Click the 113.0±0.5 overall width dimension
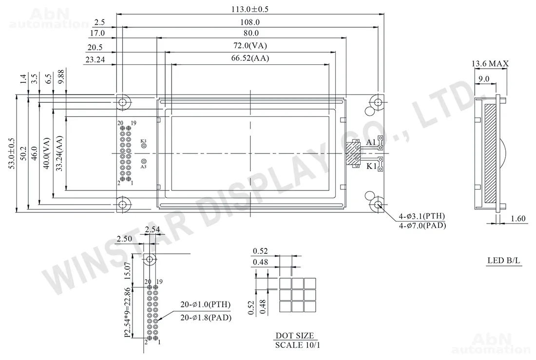coord(250,9)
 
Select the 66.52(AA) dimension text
coord(250,58)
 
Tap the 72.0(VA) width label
coord(250,45)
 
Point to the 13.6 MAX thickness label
coord(490,64)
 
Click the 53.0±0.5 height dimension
coord(12,153)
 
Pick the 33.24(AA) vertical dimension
coord(59,153)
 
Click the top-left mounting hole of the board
coord(123,102)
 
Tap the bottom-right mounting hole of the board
coord(378,205)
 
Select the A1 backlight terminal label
coord(371,142)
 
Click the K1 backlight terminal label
coord(371,167)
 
